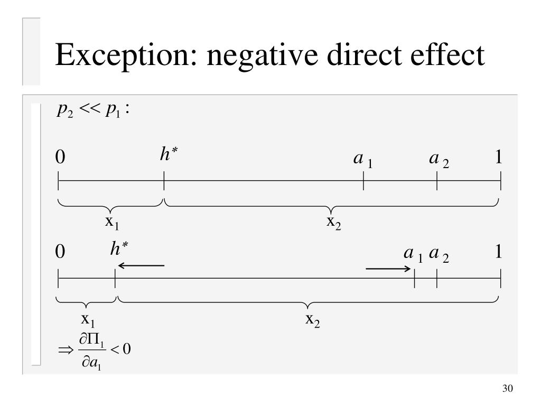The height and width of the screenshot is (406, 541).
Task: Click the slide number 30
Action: [507, 389]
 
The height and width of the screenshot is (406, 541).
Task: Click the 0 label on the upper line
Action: [60, 158]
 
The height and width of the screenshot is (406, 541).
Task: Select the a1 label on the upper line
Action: [363, 160]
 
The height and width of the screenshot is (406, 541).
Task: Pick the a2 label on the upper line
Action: [439, 160]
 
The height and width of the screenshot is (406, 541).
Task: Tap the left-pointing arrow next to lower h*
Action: [141, 265]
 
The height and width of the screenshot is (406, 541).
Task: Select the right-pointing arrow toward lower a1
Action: [388, 269]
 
